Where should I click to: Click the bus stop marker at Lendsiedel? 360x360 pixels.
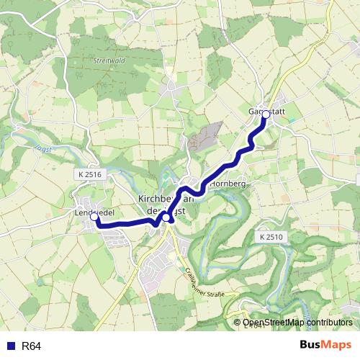(x=94, y=216)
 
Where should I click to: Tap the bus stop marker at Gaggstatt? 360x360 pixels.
(x=266, y=114)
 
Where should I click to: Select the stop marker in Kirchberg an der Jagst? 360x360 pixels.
(x=166, y=217)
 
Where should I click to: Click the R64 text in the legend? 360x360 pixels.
(x=32, y=346)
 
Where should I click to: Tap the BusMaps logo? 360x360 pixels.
(x=324, y=345)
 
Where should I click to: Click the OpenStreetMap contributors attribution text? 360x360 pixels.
(x=297, y=323)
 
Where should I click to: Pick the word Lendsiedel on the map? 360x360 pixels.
(x=94, y=212)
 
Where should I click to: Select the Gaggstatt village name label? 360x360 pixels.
(x=268, y=112)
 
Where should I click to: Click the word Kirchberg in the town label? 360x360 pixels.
(x=154, y=199)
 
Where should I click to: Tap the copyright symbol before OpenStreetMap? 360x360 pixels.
(x=238, y=323)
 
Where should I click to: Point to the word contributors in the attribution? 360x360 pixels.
(x=328, y=323)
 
